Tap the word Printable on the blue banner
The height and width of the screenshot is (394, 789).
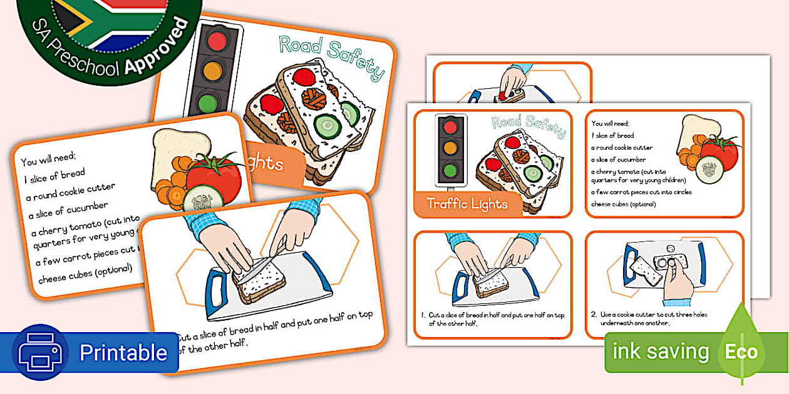pyautogui.click(x=123, y=353)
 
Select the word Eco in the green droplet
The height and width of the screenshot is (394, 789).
pyautogui.click(x=741, y=352)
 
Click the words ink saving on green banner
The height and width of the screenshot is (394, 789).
pyautogui.click(x=661, y=351)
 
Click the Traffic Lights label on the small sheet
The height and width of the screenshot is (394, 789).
pyautogui.click(x=467, y=204)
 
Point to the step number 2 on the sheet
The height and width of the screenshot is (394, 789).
pyautogui.click(x=594, y=315)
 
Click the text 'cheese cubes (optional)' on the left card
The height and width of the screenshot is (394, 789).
pyautogui.click(x=85, y=273)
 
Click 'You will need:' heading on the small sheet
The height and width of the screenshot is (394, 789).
pyautogui.click(x=611, y=123)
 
